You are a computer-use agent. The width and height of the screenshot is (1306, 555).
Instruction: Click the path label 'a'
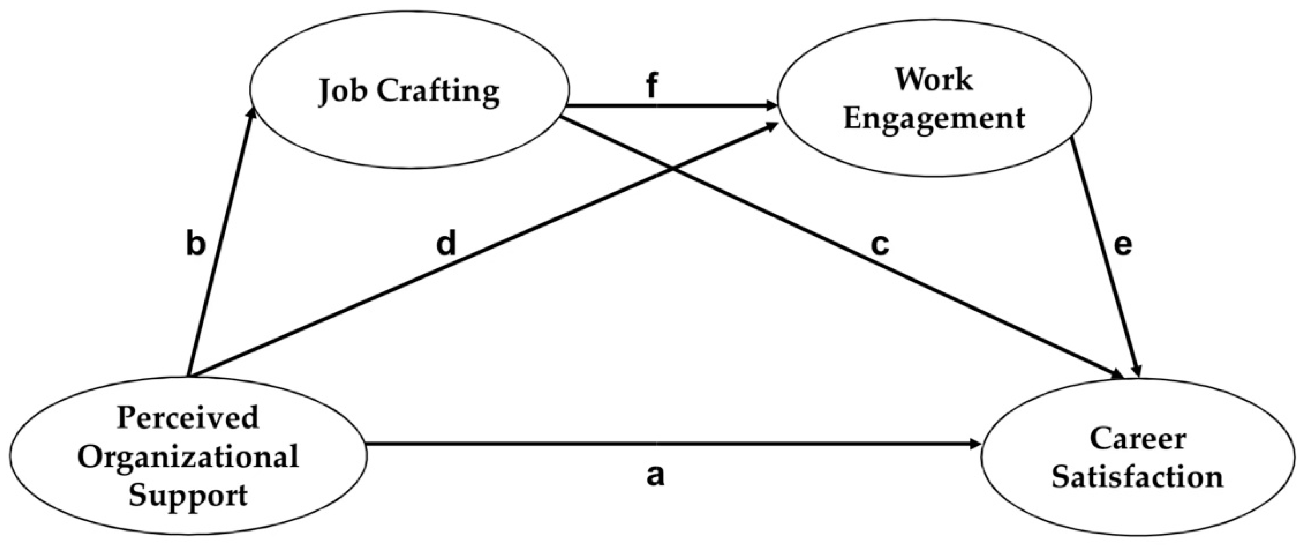[655, 476]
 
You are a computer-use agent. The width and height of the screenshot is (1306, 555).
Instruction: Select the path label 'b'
[195, 244]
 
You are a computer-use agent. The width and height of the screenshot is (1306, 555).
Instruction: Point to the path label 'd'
[446, 244]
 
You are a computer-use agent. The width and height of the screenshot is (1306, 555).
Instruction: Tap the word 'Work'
[933, 80]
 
